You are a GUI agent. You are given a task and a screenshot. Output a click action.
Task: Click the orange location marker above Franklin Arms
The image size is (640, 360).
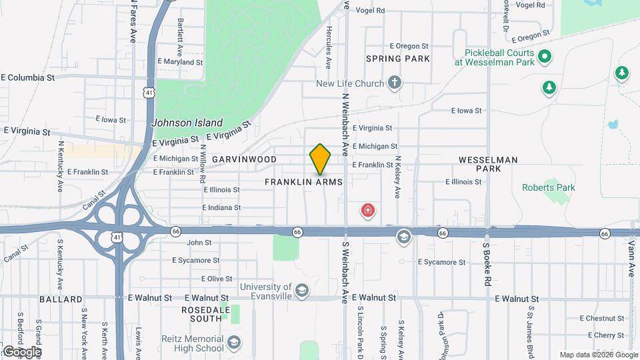[x=320, y=159]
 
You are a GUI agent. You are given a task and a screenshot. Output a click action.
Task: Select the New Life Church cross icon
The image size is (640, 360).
[x=395, y=83]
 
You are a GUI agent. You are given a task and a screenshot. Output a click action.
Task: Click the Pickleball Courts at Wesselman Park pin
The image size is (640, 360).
[x=544, y=57]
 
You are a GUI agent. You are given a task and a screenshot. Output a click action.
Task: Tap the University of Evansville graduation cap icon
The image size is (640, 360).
[x=302, y=291]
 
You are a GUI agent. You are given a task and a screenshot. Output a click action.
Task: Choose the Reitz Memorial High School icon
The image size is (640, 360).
[x=233, y=343]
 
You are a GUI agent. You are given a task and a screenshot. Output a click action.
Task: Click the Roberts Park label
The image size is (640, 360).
[x=548, y=188]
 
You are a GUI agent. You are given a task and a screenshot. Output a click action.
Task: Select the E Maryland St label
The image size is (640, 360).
[x=180, y=62]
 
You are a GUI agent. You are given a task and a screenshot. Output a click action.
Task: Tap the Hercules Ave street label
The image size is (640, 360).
[x=329, y=47]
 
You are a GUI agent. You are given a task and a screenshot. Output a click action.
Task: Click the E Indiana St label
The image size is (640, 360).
[x=221, y=208]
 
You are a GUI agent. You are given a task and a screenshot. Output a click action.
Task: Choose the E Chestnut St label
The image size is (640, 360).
[x=601, y=319]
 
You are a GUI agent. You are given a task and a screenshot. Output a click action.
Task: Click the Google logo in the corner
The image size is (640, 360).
[x=22, y=351]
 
